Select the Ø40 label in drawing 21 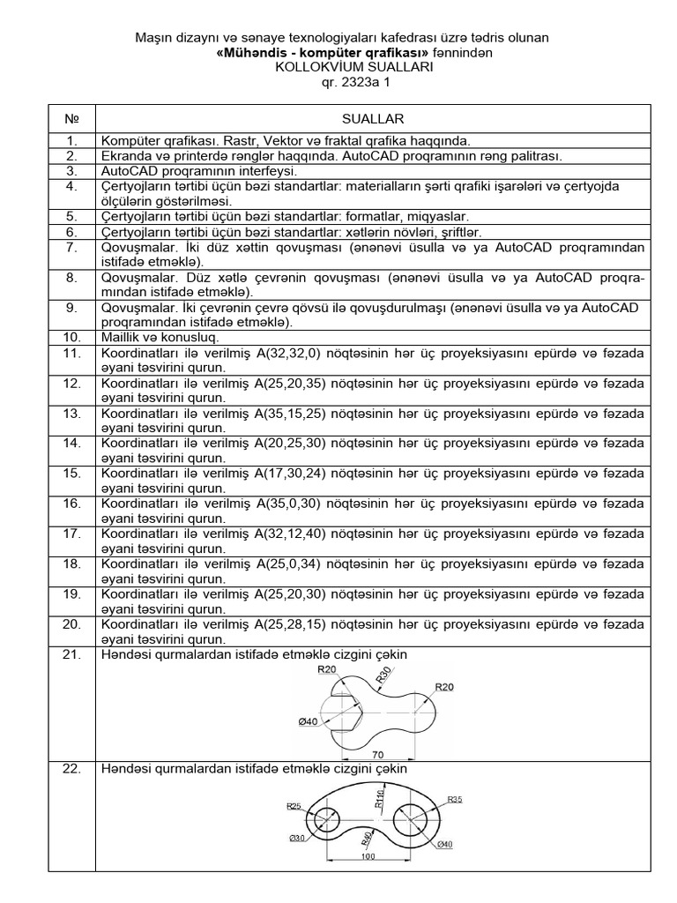[x=308, y=722]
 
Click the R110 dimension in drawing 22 [x=378, y=799]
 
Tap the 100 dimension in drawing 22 [x=368, y=855]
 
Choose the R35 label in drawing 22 [x=455, y=800]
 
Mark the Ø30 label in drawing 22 [x=297, y=838]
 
